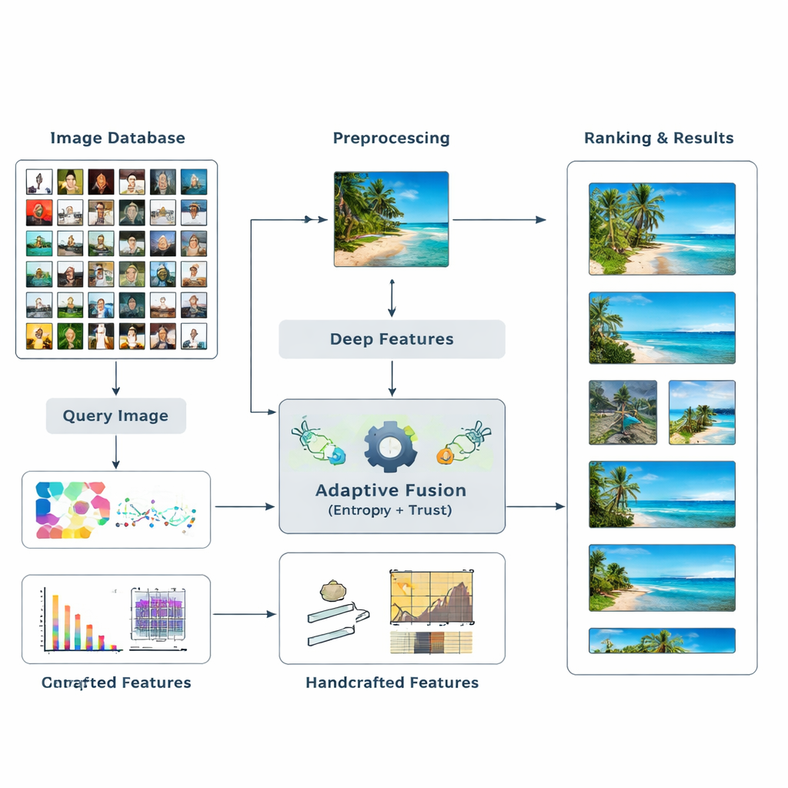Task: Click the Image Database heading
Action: tap(117, 139)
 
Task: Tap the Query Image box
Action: tap(115, 416)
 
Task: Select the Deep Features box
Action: tap(392, 339)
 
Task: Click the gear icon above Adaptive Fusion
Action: tap(390, 446)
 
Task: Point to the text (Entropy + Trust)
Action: tap(391, 510)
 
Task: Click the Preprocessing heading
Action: tap(391, 139)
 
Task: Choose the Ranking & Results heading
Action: tap(659, 139)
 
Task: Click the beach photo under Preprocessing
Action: tap(391, 219)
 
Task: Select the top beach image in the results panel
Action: tap(662, 229)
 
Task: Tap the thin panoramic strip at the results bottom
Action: tap(662, 640)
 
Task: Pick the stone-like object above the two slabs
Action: tap(333, 591)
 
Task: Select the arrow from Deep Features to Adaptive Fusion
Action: tap(392, 379)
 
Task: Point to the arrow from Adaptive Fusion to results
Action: tap(535, 506)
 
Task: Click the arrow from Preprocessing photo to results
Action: tap(499, 220)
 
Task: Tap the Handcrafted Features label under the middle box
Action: tap(392, 683)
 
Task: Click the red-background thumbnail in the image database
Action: tap(39, 212)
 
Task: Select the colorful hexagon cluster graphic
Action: tap(72, 509)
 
